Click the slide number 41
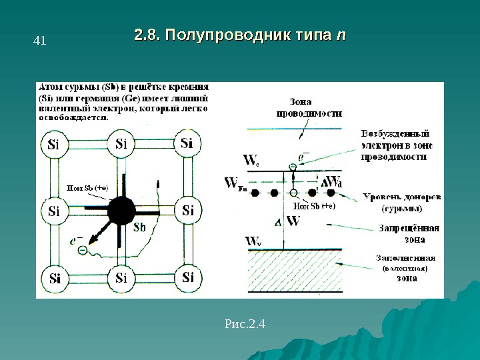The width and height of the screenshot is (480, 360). (39, 41)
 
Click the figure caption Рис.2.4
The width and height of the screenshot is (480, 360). (245, 325)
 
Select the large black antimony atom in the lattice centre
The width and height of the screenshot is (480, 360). (121, 211)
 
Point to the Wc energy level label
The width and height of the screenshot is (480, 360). (251, 161)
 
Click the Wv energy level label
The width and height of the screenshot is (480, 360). (253, 241)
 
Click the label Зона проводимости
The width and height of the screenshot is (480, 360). (309, 107)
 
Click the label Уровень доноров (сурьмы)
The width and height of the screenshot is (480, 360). (401, 203)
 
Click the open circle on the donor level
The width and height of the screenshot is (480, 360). (293, 194)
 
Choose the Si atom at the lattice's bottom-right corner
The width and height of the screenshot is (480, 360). (187, 277)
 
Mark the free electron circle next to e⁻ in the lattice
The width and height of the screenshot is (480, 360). (82, 250)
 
